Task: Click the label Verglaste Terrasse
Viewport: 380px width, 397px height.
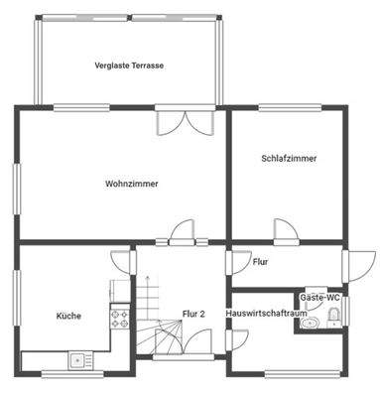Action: pyautogui.click(x=130, y=66)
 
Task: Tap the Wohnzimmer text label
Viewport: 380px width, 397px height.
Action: pyautogui.click(x=132, y=183)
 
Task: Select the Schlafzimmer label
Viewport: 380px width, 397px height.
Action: pyautogui.click(x=289, y=157)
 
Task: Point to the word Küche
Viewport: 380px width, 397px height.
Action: pyautogui.click(x=67, y=316)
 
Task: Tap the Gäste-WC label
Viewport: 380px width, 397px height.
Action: pyautogui.click(x=319, y=297)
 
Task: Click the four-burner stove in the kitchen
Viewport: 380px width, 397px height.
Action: pyautogui.click(x=121, y=319)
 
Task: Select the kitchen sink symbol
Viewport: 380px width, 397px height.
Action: pyautogui.click(x=76, y=360)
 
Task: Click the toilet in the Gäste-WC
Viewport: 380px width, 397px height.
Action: pyautogui.click(x=333, y=317)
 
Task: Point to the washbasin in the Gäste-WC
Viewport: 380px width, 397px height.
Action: pyautogui.click(x=310, y=323)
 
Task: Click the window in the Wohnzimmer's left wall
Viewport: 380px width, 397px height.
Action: pyautogui.click(x=16, y=185)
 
